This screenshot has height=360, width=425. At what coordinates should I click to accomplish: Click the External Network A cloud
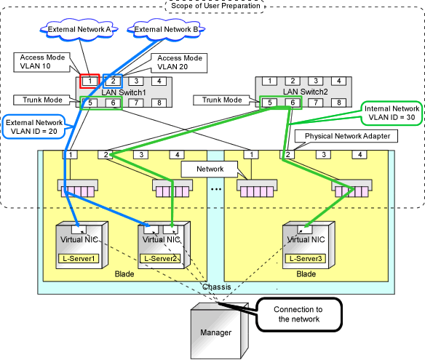coord(79,30)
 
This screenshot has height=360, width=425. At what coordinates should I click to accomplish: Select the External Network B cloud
coord(166,30)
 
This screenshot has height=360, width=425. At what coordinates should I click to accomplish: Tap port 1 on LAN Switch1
coord(90,81)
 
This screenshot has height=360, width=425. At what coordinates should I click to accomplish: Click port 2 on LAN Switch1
coord(113,81)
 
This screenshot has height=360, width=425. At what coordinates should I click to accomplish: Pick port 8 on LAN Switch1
coord(159,103)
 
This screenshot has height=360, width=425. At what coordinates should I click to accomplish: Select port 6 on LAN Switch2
coord(293,103)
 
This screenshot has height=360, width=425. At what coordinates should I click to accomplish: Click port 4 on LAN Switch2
coord(339,81)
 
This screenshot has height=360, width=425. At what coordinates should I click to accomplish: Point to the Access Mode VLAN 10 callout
coord(42,63)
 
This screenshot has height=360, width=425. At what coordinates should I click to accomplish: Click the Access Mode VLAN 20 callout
coord(179,63)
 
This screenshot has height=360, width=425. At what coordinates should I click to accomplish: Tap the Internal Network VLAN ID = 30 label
coord(392,113)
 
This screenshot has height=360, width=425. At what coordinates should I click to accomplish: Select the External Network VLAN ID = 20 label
coord(34,127)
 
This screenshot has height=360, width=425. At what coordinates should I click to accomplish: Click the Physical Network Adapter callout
coord(346,136)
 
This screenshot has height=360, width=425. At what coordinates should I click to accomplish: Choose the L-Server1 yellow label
coord(79,258)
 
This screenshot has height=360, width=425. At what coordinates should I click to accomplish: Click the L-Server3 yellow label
coord(306,258)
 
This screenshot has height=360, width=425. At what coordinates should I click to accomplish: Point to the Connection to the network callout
coord(299,314)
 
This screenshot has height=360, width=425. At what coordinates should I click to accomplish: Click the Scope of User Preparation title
coord(215,6)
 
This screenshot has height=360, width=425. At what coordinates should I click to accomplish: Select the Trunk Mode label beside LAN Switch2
coord(222,100)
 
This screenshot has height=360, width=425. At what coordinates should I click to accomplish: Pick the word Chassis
coord(217,287)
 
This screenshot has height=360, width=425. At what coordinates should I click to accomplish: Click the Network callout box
coord(210,169)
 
